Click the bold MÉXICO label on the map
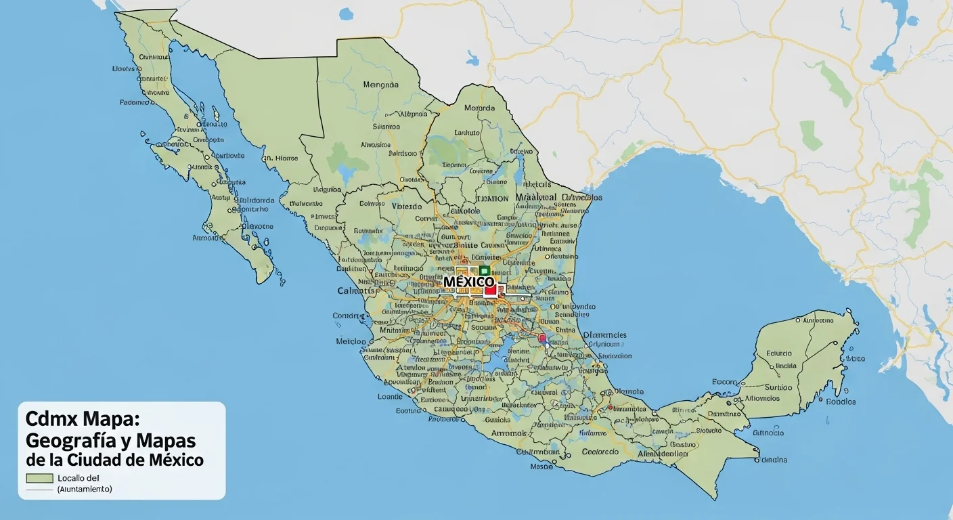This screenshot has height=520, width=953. pos(468,281)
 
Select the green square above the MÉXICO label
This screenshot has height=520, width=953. pos(484,270)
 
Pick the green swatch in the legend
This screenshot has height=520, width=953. pos(39,478)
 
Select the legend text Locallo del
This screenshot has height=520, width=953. pos(79,478)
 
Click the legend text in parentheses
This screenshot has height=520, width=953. pos(85,489)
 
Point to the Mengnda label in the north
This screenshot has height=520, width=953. pos(381,85)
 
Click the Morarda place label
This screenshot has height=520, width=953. pos(479,108)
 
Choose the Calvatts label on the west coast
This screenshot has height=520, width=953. pos(356,290)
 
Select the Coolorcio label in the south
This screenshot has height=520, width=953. pos(600,452)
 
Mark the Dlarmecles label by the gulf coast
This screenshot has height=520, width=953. pos(604,334)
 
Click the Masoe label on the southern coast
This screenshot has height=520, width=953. pos(541,467)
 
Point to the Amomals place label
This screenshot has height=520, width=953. pos(510,433)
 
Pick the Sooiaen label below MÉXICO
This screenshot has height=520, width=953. pos(484,327)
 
